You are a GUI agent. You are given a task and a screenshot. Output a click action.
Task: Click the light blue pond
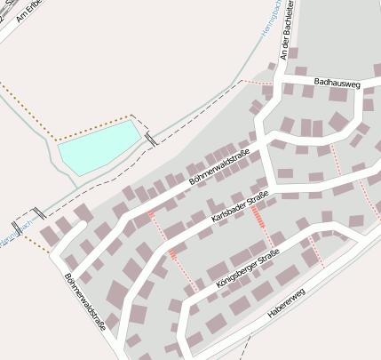98,147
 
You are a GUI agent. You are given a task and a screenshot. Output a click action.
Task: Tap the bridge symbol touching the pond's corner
152,140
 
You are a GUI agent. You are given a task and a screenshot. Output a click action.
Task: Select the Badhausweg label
337,84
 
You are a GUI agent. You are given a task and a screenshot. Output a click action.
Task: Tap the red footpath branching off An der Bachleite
258,83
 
